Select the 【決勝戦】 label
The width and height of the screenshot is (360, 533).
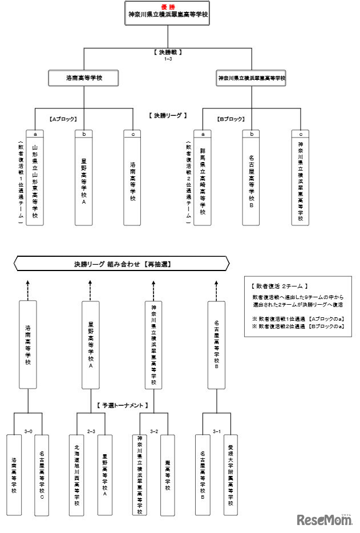click(x=168, y=52)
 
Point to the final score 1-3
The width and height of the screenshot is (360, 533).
click(x=168, y=59)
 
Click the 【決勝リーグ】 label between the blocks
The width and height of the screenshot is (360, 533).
click(x=168, y=115)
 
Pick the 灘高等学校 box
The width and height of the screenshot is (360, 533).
click(x=168, y=474)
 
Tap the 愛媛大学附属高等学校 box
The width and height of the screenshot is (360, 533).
click(x=230, y=474)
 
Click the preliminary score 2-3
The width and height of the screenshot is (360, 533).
click(x=91, y=431)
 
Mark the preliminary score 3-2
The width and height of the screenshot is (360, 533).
click(x=154, y=431)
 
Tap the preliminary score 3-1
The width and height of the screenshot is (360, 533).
click(x=217, y=431)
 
